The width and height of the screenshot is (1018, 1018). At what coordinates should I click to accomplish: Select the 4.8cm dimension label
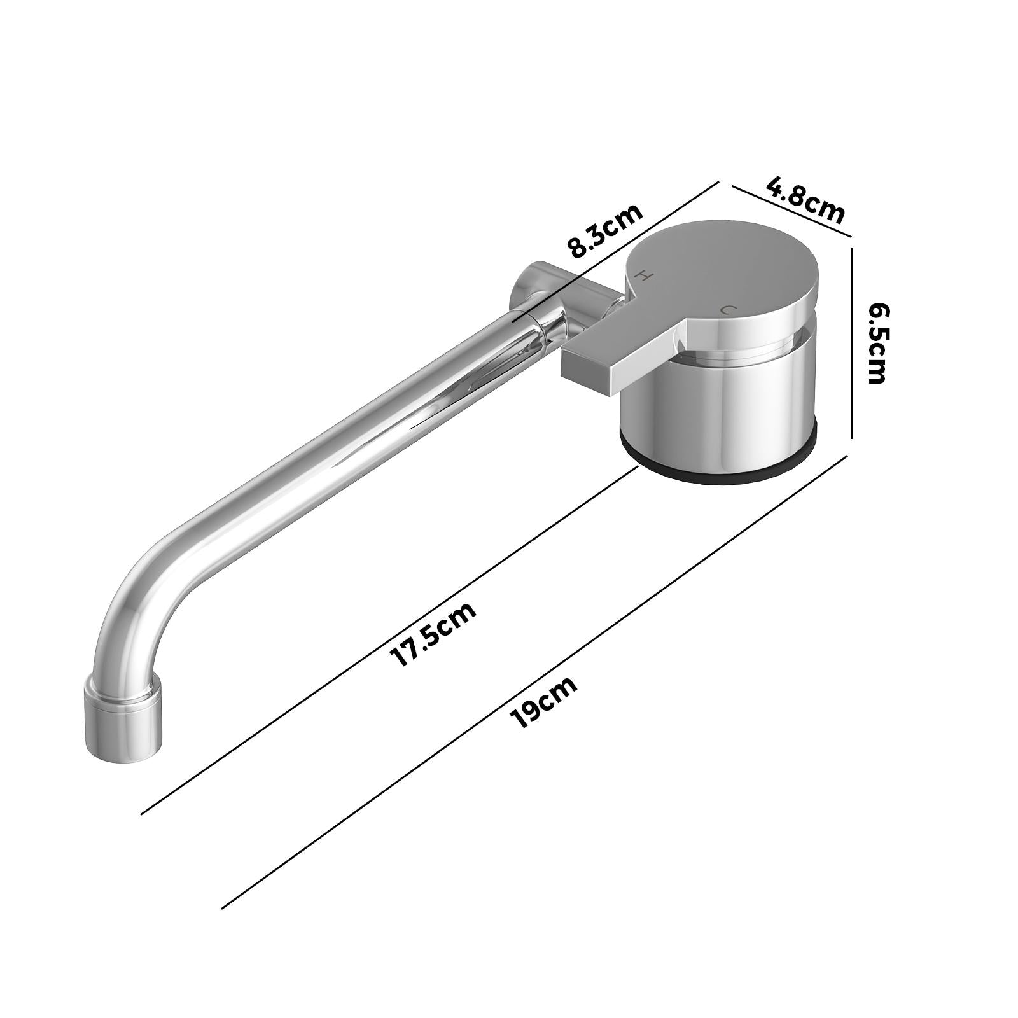pyautogui.click(x=805, y=200)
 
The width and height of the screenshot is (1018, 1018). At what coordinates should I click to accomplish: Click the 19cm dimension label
pyautogui.click(x=544, y=702)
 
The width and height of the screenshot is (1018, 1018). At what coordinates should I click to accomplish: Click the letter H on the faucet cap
pyautogui.click(x=644, y=275)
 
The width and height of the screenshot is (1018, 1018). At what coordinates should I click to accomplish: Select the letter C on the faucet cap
pyautogui.click(x=728, y=310)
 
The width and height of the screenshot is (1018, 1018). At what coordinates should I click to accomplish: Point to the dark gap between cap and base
pyautogui.click(x=751, y=347)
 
